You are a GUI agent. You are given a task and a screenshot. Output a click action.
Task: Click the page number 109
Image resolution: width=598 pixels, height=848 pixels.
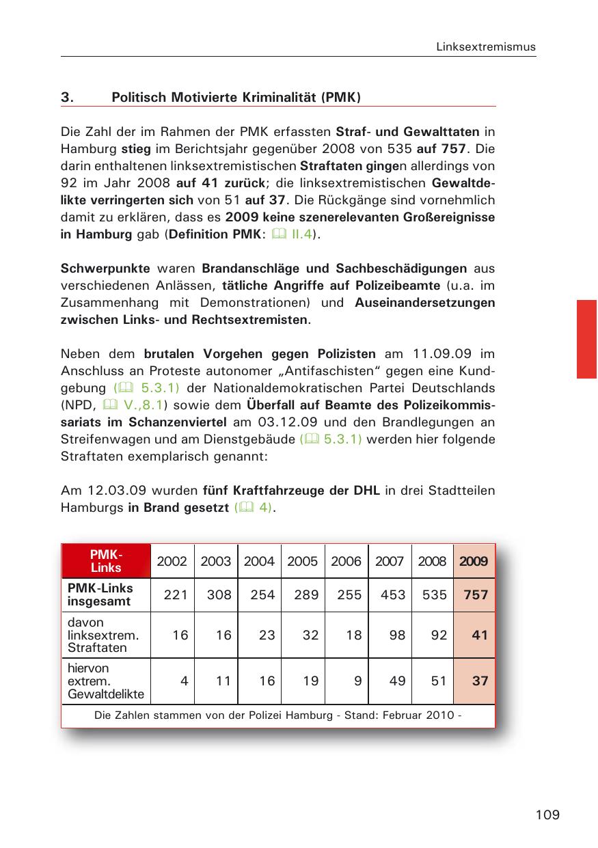(547, 815)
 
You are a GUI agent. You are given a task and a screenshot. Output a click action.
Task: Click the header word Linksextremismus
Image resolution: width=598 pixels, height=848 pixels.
(486, 47)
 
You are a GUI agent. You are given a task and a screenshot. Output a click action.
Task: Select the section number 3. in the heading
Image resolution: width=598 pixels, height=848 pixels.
(67, 97)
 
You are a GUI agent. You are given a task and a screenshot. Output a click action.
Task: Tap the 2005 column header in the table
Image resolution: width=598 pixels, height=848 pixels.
(303, 562)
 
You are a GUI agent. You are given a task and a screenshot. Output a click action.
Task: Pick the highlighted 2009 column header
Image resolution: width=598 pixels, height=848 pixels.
(474, 562)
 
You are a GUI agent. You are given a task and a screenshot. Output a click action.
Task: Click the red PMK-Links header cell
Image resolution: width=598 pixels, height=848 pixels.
(106, 561)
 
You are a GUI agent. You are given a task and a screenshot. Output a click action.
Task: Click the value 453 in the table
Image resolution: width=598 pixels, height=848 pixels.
(392, 595)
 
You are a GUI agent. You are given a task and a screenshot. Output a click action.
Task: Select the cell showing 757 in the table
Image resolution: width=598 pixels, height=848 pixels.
(476, 595)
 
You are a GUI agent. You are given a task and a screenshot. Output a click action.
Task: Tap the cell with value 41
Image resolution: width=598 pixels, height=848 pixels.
(479, 635)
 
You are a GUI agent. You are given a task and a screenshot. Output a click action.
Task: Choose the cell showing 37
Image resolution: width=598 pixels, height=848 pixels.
(479, 681)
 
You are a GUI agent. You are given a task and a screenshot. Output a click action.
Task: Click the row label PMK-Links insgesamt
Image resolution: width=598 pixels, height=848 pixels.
(100, 595)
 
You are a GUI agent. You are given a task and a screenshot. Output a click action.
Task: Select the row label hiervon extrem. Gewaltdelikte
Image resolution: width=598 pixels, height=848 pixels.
(105, 681)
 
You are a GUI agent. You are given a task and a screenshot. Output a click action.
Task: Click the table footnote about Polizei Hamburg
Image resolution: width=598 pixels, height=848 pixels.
(277, 715)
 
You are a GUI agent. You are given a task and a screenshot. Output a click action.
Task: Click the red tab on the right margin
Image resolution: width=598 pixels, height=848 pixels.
(586, 339)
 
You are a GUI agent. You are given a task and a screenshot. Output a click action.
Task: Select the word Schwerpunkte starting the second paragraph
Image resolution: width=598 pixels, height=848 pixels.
(105, 269)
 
